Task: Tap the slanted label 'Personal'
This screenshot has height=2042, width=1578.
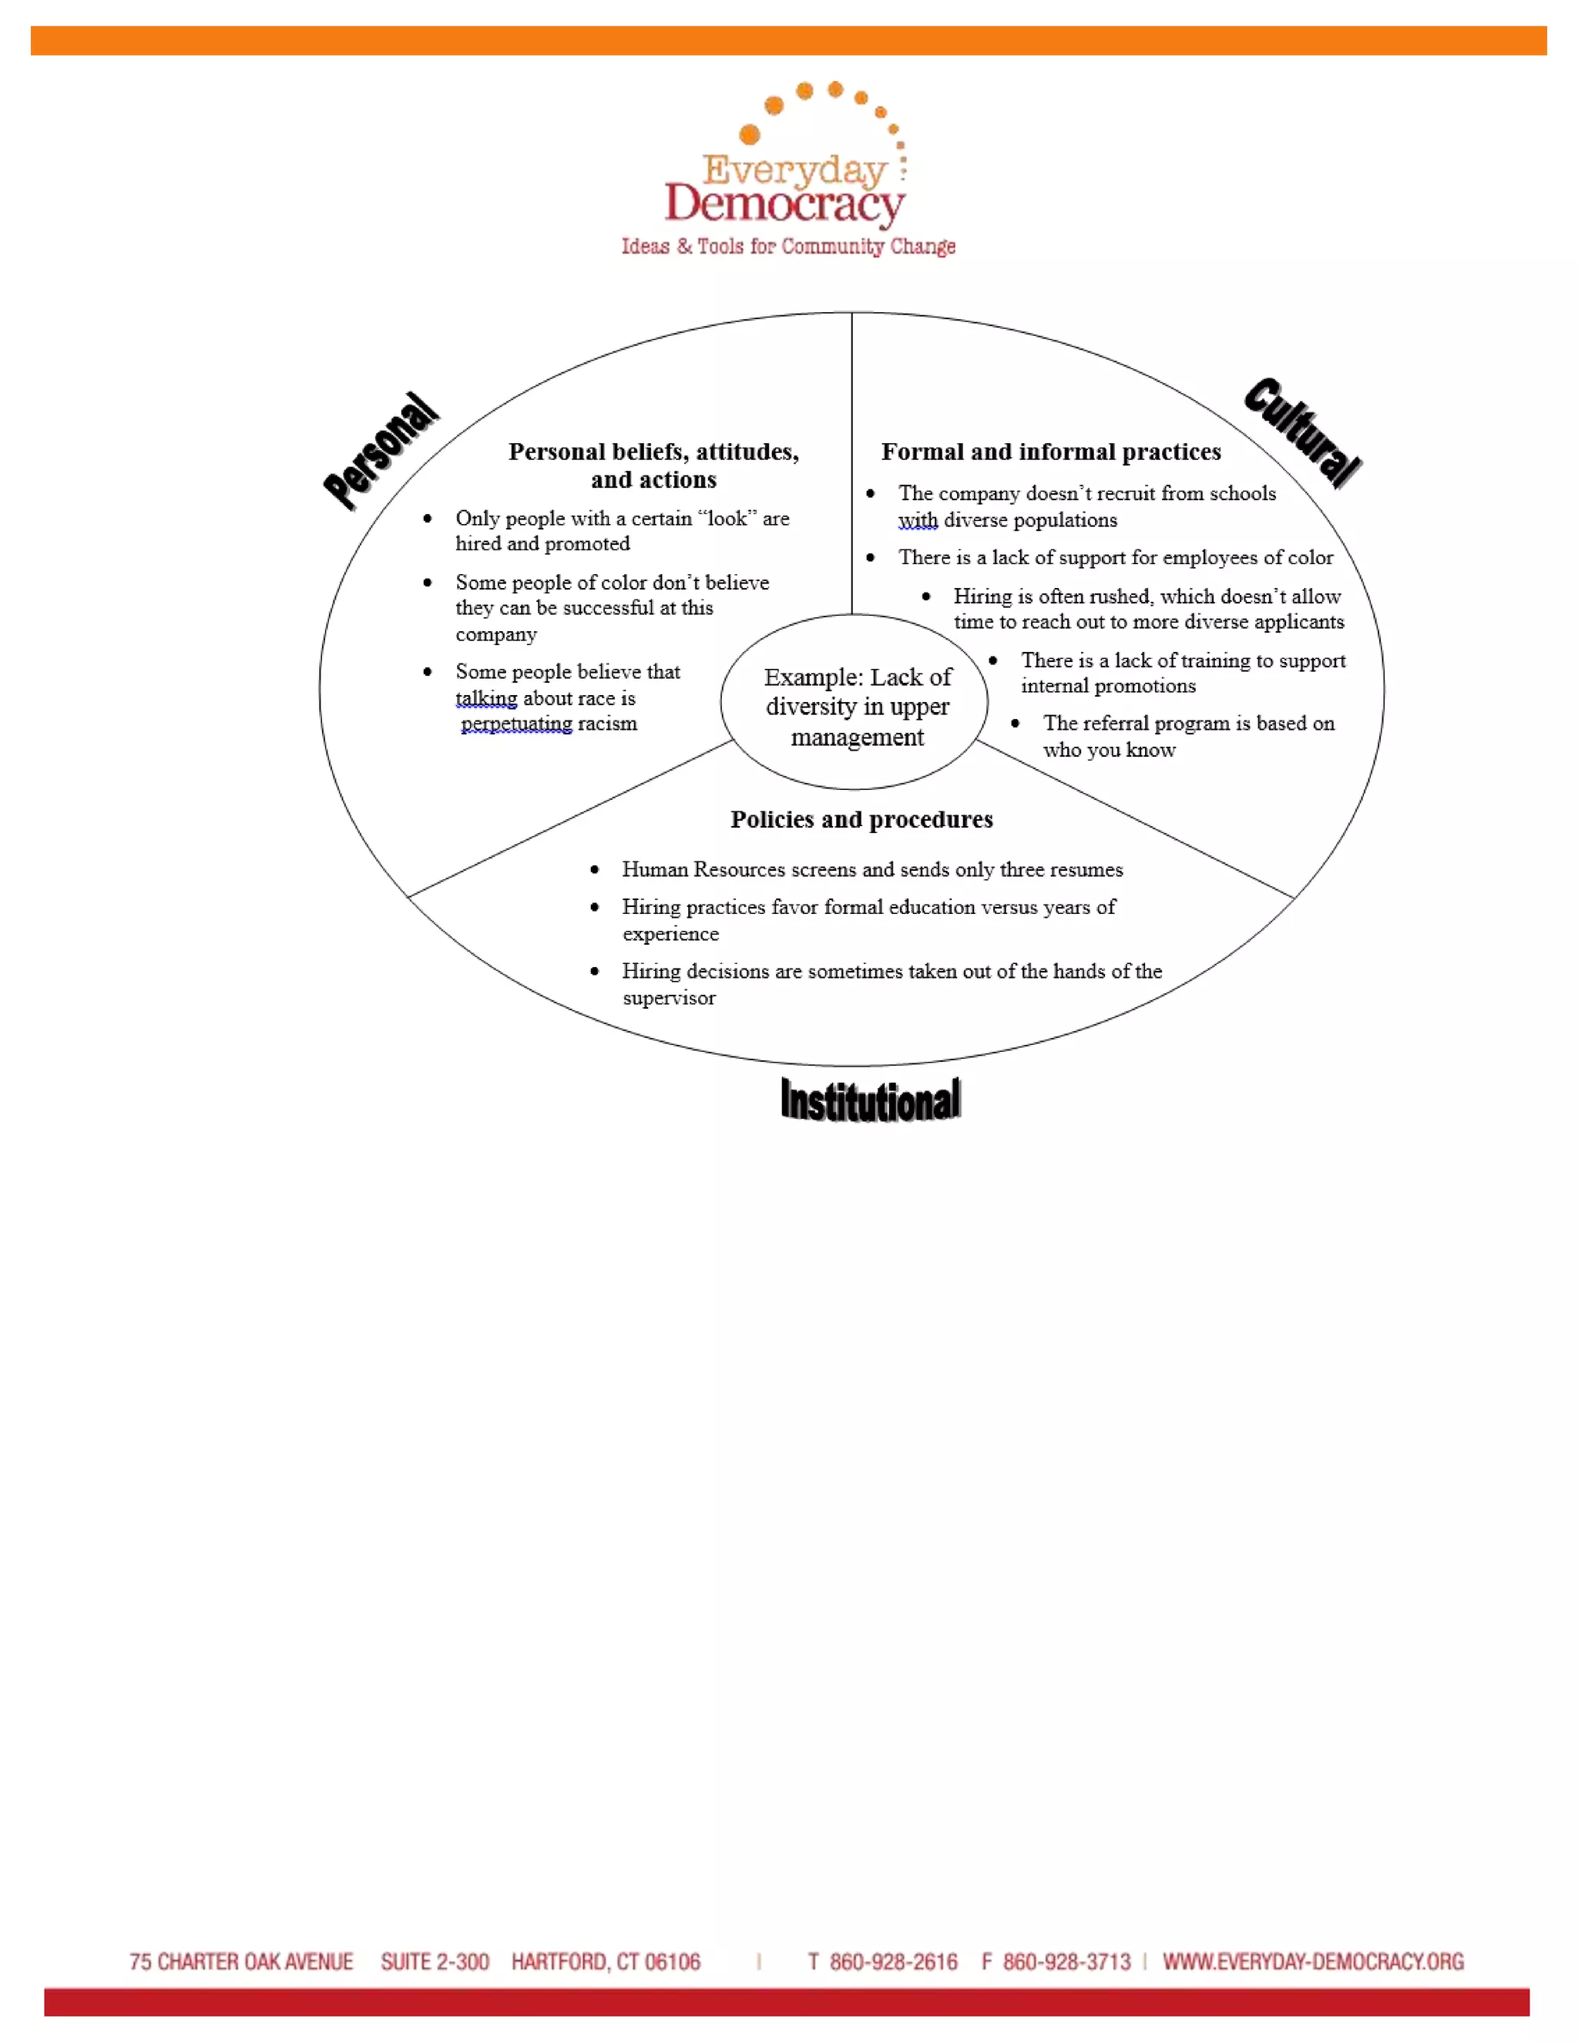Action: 381,451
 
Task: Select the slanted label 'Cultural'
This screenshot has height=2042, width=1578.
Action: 1301,432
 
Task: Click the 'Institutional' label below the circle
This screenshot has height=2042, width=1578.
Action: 871,1100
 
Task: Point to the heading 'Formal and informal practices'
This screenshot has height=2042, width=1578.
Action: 1051,452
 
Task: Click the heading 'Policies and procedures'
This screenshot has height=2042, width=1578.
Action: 861,820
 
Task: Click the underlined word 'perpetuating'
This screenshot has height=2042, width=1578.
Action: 516,724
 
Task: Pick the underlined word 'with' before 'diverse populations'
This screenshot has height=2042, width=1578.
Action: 917,521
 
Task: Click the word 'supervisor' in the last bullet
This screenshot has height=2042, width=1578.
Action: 670,999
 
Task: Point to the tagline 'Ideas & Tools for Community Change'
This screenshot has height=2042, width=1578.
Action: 788,247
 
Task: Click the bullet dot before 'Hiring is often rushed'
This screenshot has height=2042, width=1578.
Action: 926,596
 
